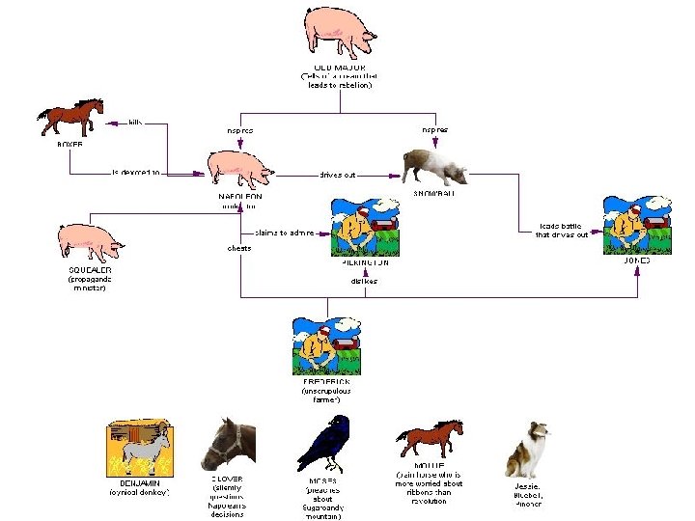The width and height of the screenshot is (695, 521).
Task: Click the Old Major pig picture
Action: click(339, 32)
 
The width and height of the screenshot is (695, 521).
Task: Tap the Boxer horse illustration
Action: click(70, 117)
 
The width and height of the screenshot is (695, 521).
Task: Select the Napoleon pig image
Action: click(241, 166)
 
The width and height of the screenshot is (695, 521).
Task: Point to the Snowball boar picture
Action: click(435, 165)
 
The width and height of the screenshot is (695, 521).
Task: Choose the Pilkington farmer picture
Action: click(365, 228)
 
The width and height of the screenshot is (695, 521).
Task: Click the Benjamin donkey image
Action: click(139, 448)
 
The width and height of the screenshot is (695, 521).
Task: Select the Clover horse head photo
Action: click(229, 443)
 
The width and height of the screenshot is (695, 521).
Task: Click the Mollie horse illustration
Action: click(430, 440)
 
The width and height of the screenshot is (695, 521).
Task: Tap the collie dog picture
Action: click(528, 449)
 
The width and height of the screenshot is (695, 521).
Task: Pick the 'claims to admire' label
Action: click(284, 232)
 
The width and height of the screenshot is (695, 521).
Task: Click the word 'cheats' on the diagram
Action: click(238, 248)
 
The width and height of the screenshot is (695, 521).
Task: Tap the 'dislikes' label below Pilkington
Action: click(364, 281)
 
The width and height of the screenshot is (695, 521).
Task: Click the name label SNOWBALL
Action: click(436, 194)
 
